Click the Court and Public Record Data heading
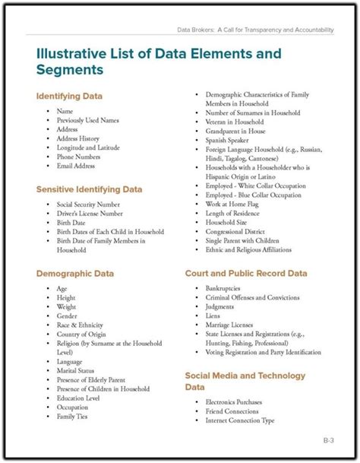click(x=246, y=271)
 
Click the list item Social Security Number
click(x=87, y=205)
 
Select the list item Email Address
click(x=75, y=166)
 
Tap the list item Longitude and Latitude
click(x=87, y=147)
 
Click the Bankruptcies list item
click(x=225, y=289)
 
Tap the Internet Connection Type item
click(x=240, y=420)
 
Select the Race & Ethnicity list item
click(x=81, y=325)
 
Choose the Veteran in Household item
click(x=235, y=122)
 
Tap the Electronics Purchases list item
click(x=236, y=402)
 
